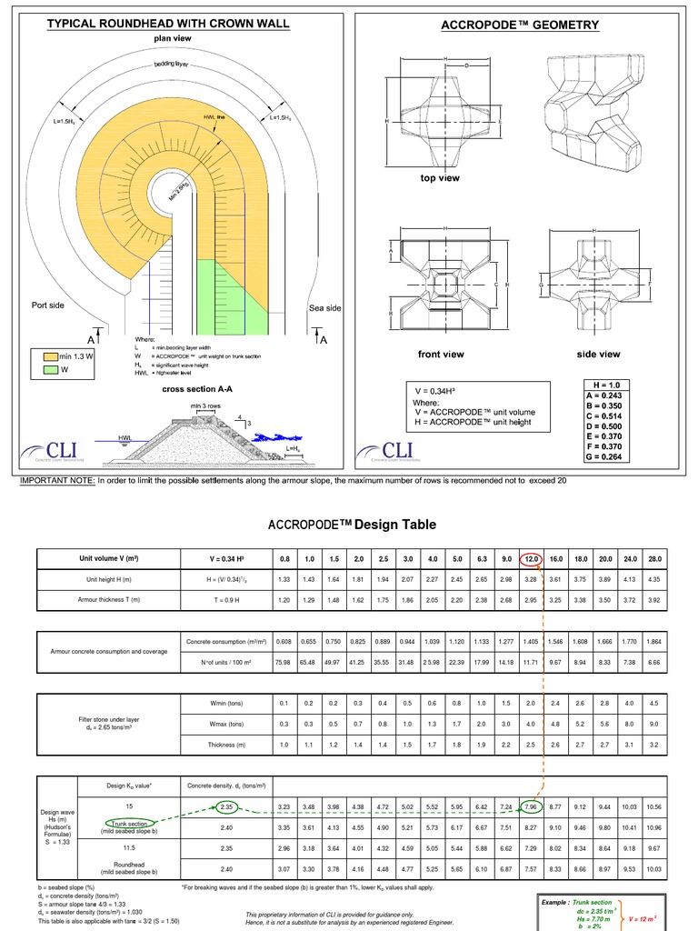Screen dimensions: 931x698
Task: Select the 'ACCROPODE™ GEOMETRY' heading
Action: [x=519, y=25]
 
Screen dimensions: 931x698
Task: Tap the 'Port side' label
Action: [x=48, y=305]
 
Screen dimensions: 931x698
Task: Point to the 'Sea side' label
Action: [x=324, y=308]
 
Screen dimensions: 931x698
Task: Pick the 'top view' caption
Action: [x=439, y=178]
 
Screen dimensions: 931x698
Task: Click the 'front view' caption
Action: [x=441, y=354]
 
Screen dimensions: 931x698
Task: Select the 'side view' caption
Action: [x=598, y=354]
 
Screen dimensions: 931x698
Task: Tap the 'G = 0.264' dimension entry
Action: [x=604, y=457]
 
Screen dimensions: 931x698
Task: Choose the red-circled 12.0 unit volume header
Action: [x=532, y=559]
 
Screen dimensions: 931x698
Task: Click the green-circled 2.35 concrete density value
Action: [x=227, y=806]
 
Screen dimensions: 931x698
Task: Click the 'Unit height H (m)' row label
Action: [x=108, y=580]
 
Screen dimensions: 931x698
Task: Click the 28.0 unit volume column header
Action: [x=655, y=559]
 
